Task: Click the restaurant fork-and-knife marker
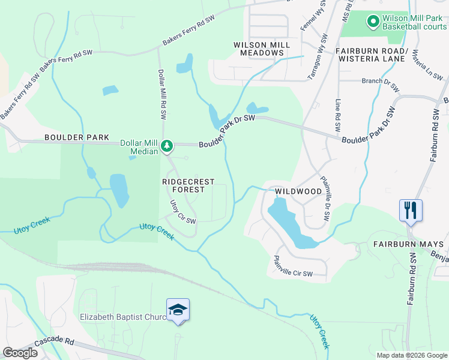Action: [x=411, y=211]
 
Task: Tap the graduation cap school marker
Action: [x=178, y=310]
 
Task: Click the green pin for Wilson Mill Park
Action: [x=372, y=22]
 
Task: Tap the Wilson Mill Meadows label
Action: [x=262, y=49]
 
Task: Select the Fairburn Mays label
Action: [x=408, y=244]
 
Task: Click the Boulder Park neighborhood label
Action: [x=76, y=137]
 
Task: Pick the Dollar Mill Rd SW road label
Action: [x=161, y=92]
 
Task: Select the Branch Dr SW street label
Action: [x=380, y=84]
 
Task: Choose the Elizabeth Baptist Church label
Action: [x=123, y=316]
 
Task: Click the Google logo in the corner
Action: [x=20, y=353]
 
